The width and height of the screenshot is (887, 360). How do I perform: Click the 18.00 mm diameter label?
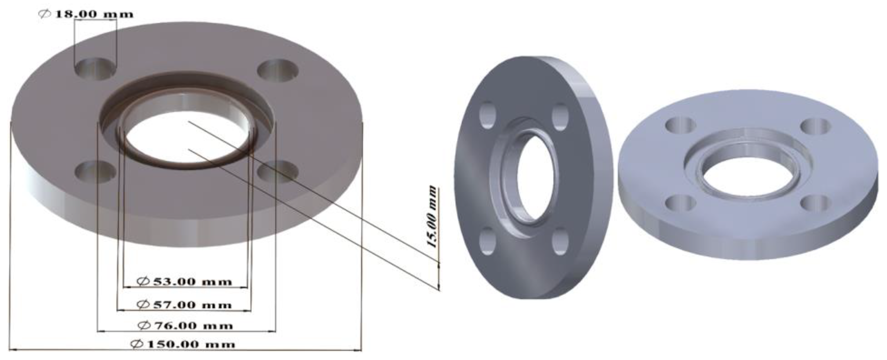point(86,14)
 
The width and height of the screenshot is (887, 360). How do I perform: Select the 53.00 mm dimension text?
point(185,282)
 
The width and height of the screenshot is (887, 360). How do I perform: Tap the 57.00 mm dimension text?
point(185,305)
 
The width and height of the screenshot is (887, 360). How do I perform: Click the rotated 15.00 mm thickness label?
point(432,217)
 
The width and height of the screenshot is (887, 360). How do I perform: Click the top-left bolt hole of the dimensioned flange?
point(95,69)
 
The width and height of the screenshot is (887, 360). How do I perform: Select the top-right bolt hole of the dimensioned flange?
point(278,70)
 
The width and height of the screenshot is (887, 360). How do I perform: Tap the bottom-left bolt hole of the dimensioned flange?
point(95,171)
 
